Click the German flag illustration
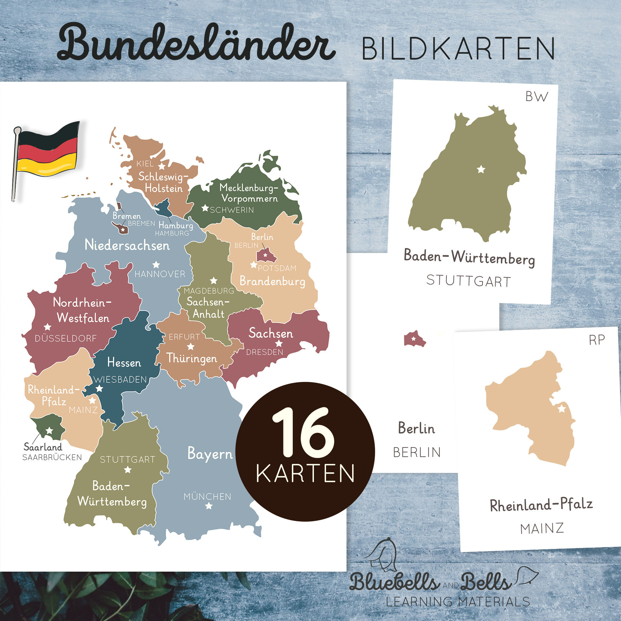pyautogui.click(x=47, y=154)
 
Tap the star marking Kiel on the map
pyautogui.click(x=162, y=166)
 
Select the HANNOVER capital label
pyautogui.click(x=160, y=274)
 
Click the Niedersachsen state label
pyautogui.click(x=127, y=246)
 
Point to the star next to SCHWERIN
pyautogui.click(x=205, y=208)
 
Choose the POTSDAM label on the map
pyautogui.click(x=277, y=268)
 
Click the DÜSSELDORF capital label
pyautogui.click(x=66, y=338)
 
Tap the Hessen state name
pyautogui.click(x=124, y=363)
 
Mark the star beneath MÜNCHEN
pyautogui.click(x=209, y=506)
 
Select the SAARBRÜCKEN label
pyautogui.click(x=52, y=457)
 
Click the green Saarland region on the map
pyautogui.click(x=48, y=426)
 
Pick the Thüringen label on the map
pyautogui.click(x=192, y=358)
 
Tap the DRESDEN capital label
pyautogui.click(x=265, y=352)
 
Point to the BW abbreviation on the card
pyautogui.click(x=537, y=97)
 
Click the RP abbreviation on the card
pyautogui.click(x=597, y=340)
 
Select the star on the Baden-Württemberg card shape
pyautogui.click(x=481, y=169)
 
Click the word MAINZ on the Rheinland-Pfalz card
pyautogui.click(x=542, y=528)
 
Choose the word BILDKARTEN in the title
pyautogui.click(x=458, y=49)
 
